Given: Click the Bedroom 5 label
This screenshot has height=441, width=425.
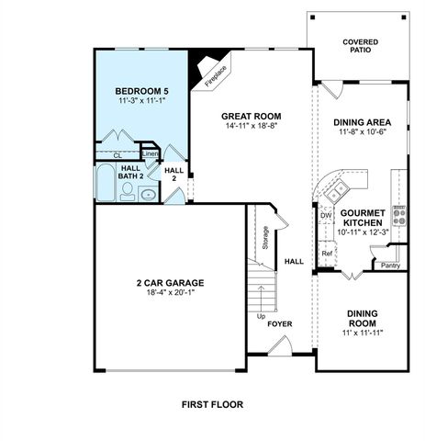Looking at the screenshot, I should coord(141,92).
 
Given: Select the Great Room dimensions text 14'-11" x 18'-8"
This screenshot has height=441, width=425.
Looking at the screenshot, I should coord(250,127).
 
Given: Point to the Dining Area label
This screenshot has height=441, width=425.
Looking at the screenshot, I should coord(361,121).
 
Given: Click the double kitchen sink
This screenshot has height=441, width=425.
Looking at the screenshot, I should coord(337,189).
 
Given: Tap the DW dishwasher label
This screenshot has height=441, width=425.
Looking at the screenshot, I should coord(325,215).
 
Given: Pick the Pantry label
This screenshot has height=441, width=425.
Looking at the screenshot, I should coord(391,266).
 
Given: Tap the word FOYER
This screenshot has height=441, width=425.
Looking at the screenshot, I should coord(279,323).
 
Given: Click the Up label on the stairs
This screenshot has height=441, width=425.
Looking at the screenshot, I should coord(261,316).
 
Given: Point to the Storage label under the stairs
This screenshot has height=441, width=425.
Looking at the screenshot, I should coord(265,237).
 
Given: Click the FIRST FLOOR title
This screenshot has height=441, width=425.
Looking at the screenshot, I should coord(212,403).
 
